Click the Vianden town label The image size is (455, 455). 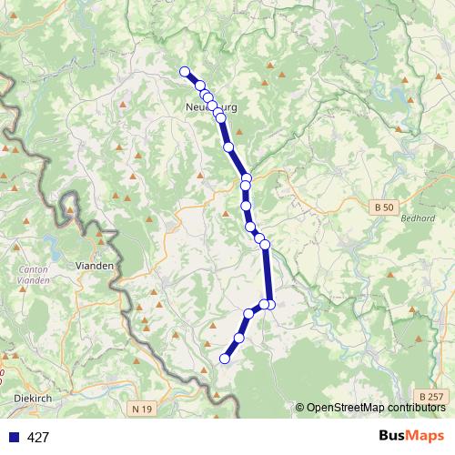tap(96, 266)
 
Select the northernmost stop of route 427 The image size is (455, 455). tap(185, 72)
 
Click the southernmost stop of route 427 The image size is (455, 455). tap(225, 359)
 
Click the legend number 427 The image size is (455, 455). tap(38, 437)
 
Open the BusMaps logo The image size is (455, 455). tap(412, 436)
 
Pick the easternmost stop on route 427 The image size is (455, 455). tap(270, 304)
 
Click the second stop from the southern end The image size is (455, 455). tap(239, 338)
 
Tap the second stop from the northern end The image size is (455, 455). tap(199, 86)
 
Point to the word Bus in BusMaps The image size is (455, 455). tap(394, 436)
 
